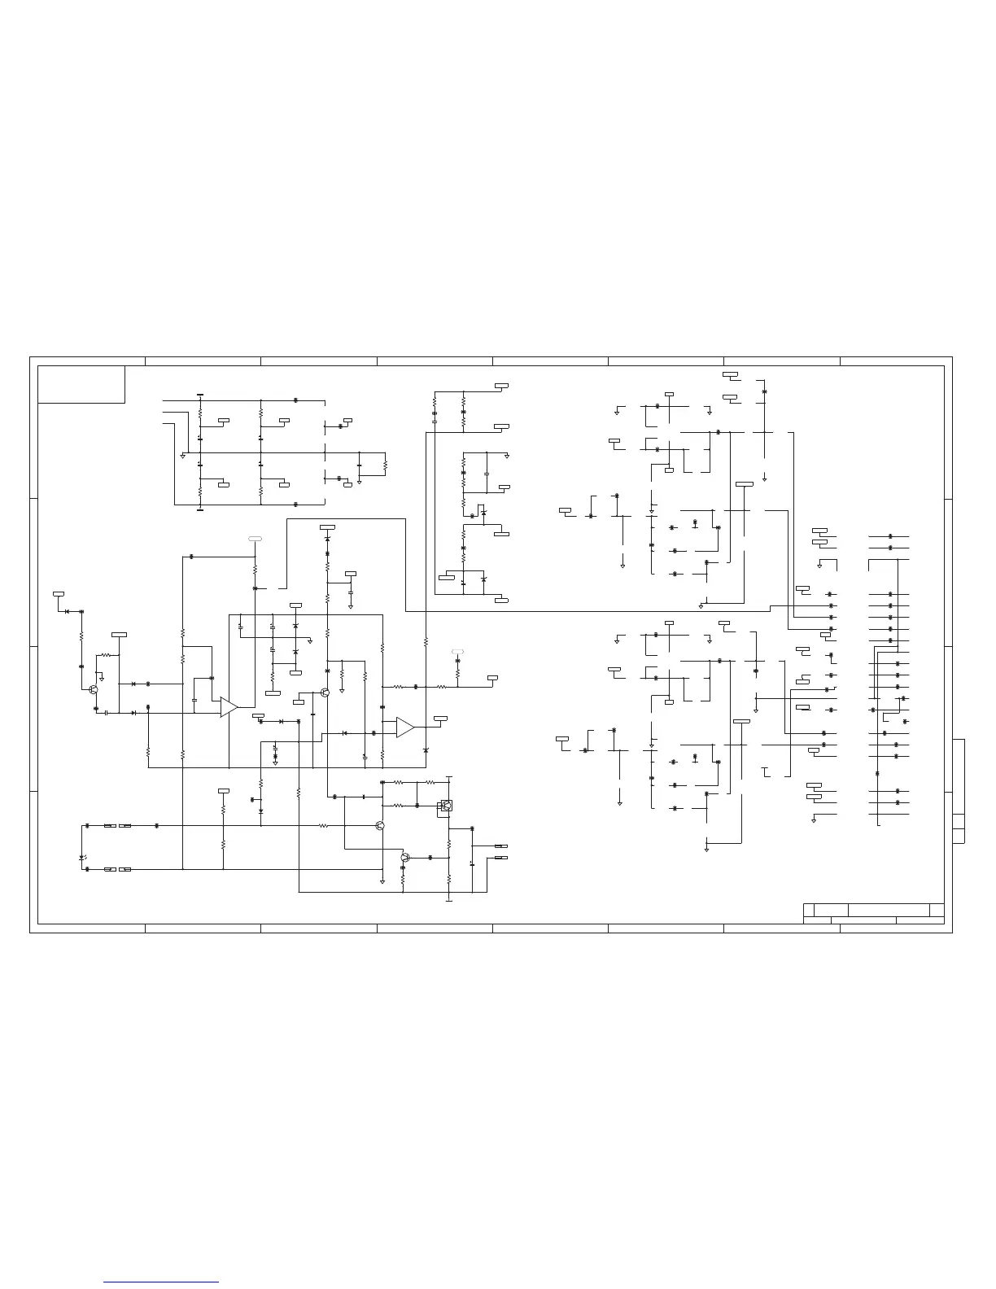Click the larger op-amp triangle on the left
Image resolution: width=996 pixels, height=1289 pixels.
point(228,707)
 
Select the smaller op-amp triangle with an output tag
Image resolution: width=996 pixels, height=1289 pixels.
point(404,728)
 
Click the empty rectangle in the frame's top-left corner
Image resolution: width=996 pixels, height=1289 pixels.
point(81,384)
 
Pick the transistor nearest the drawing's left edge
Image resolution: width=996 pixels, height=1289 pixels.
point(94,689)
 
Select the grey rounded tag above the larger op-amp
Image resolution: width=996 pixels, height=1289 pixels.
point(255,539)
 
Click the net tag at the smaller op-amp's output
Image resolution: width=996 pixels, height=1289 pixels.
point(440,719)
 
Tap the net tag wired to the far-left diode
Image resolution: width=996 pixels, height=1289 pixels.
point(59,594)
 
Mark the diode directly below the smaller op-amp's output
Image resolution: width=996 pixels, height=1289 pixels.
point(426,749)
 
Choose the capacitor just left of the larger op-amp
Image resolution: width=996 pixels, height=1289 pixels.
point(194,700)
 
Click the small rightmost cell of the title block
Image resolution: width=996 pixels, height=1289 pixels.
point(937,910)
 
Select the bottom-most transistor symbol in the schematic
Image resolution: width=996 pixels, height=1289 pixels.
point(404,858)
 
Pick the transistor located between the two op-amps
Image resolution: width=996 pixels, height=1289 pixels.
point(324,693)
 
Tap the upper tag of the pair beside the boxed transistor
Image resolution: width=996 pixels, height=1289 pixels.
point(501,846)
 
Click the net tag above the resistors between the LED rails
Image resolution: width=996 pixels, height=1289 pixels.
point(224,790)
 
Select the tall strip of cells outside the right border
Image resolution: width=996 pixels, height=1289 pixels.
point(959,791)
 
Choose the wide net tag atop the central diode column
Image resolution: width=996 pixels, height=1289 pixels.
point(327,528)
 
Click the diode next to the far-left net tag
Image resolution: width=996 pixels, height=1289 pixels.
point(67,611)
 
